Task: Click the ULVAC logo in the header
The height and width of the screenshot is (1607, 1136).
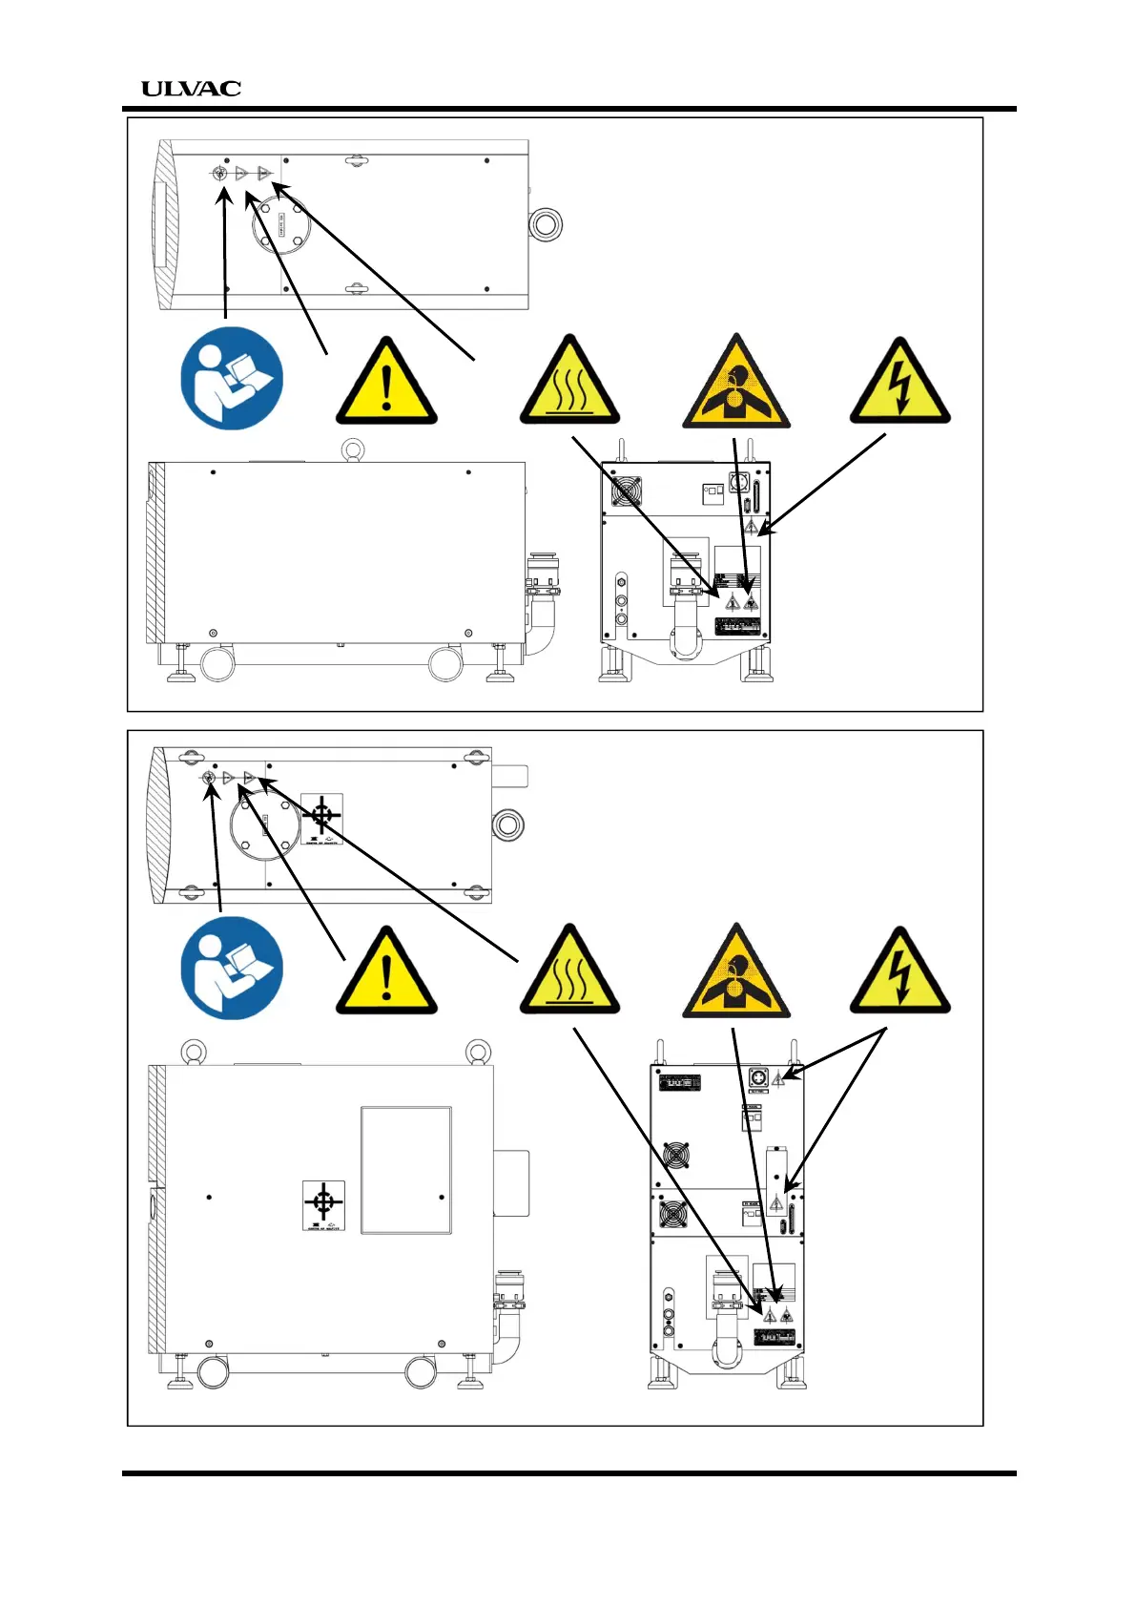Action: point(191,89)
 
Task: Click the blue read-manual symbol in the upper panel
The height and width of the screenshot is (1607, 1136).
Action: point(232,378)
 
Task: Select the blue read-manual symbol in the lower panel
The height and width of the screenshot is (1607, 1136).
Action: point(232,968)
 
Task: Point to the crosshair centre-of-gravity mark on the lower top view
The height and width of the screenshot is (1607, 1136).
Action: point(322,816)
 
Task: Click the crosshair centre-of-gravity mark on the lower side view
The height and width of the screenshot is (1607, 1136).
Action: point(323,1201)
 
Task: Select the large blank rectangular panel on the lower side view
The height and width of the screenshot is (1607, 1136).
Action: point(405,1170)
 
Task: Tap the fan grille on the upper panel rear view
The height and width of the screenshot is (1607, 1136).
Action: point(626,490)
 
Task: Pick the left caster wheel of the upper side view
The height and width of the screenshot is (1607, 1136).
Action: point(217,664)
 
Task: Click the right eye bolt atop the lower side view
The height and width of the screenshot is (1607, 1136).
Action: point(478,1052)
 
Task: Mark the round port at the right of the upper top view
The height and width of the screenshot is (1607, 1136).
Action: point(547,226)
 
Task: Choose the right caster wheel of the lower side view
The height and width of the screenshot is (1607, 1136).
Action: point(421,1372)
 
